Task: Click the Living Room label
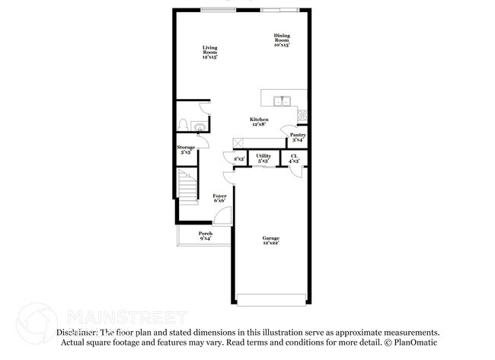[209, 52]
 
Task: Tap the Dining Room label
[283, 40]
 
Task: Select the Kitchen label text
[259, 121]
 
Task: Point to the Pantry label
[297, 137]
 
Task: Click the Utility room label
[263, 158]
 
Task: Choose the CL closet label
[294, 158]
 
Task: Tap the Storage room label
[186, 149]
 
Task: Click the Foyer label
[219, 199]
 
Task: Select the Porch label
[205, 235]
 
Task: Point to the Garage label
[271, 240]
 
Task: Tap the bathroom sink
[199, 127]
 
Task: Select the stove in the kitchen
[304, 115]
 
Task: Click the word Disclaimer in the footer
[77, 333]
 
